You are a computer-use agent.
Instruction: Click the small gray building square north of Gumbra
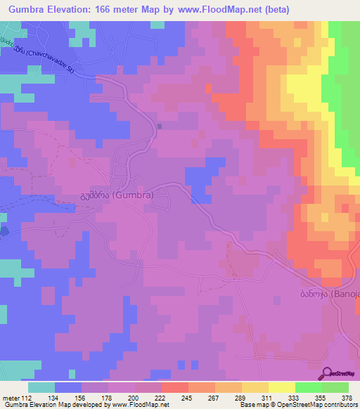pyautogui.click(x=160, y=126)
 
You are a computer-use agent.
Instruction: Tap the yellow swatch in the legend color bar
pyautogui.click(x=281, y=387)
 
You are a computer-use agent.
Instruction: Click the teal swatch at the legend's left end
pyautogui.click(x=41, y=387)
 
